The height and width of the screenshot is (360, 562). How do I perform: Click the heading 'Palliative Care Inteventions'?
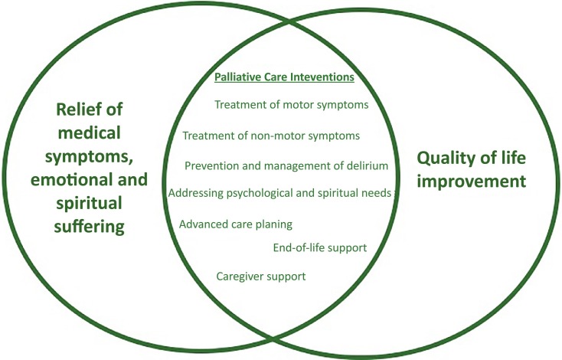click(x=283, y=78)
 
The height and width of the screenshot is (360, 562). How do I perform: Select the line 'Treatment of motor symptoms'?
click(x=292, y=105)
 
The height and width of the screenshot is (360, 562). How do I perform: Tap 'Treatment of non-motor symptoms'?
click(x=271, y=136)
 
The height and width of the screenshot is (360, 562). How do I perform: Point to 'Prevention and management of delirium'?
click(x=287, y=165)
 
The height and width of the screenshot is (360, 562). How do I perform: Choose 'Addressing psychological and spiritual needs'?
click(x=280, y=192)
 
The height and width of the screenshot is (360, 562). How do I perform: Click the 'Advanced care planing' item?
click(x=236, y=224)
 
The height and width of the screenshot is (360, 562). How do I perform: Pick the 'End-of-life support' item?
click(x=320, y=247)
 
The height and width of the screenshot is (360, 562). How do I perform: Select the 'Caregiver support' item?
click(x=261, y=276)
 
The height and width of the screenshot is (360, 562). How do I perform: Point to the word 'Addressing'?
click(x=192, y=192)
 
